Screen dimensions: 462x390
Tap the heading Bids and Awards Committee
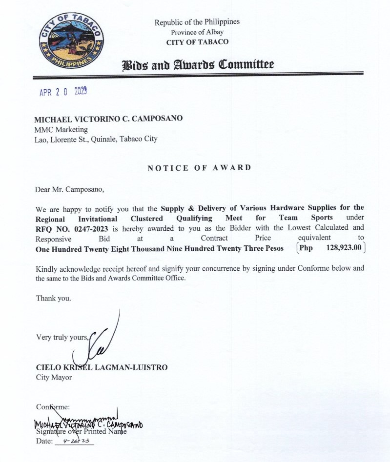[198, 64]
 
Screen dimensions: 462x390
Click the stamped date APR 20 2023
[63, 92]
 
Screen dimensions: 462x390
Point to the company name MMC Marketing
[62, 129]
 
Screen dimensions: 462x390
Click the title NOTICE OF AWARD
[199, 168]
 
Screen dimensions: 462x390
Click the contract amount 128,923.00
[344, 248]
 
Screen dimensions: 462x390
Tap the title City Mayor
[54, 377]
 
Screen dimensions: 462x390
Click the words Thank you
[53, 298]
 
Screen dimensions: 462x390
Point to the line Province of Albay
[197, 32]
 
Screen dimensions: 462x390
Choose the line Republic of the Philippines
[197, 22]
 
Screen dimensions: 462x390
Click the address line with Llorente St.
[97, 139]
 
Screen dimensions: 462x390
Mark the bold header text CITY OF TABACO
[197, 42]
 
